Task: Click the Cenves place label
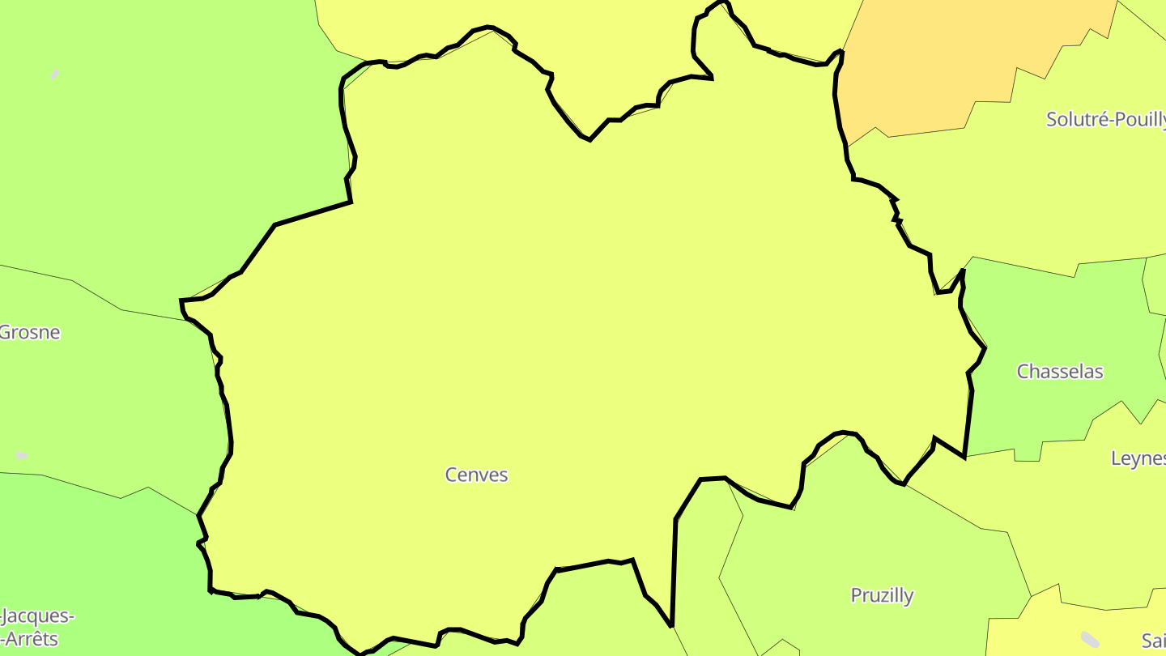pos(476,475)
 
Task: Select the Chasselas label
pos(1060,372)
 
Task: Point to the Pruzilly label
pos(882,595)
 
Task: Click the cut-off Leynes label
pos(1138,458)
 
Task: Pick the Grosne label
pos(30,332)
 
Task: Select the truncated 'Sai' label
pos(1153,641)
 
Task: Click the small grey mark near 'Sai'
pos(1091,639)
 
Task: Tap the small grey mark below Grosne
pos(22,456)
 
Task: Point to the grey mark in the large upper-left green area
pos(55,75)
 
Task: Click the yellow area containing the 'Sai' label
pos(1053,632)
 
